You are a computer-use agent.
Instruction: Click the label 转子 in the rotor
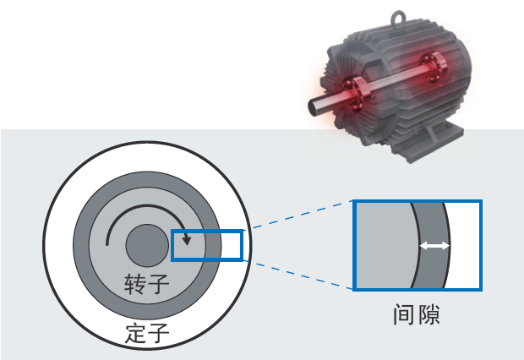point(147,284)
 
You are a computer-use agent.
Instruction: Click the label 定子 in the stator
point(147,333)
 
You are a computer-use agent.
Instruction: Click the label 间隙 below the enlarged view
point(417,314)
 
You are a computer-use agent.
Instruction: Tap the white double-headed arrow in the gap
point(434,246)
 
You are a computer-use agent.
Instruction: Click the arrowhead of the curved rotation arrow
point(187,240)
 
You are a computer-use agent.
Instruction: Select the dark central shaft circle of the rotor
point(147,245)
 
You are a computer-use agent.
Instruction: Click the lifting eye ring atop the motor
point(398,19)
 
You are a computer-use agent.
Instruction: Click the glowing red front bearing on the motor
point(355,93)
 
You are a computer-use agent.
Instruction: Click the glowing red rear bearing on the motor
point(431,68)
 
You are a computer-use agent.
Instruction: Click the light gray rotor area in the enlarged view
point(385,245)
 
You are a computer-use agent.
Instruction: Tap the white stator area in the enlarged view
point(464,245)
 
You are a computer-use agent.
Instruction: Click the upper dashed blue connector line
point(297,215)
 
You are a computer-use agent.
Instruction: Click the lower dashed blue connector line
point(297,274)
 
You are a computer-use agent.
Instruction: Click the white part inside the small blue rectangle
point(231,245)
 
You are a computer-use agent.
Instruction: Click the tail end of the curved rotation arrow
point(107,245)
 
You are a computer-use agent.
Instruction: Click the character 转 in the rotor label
point(135,284)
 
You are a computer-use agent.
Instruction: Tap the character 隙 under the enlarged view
point(428,314)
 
